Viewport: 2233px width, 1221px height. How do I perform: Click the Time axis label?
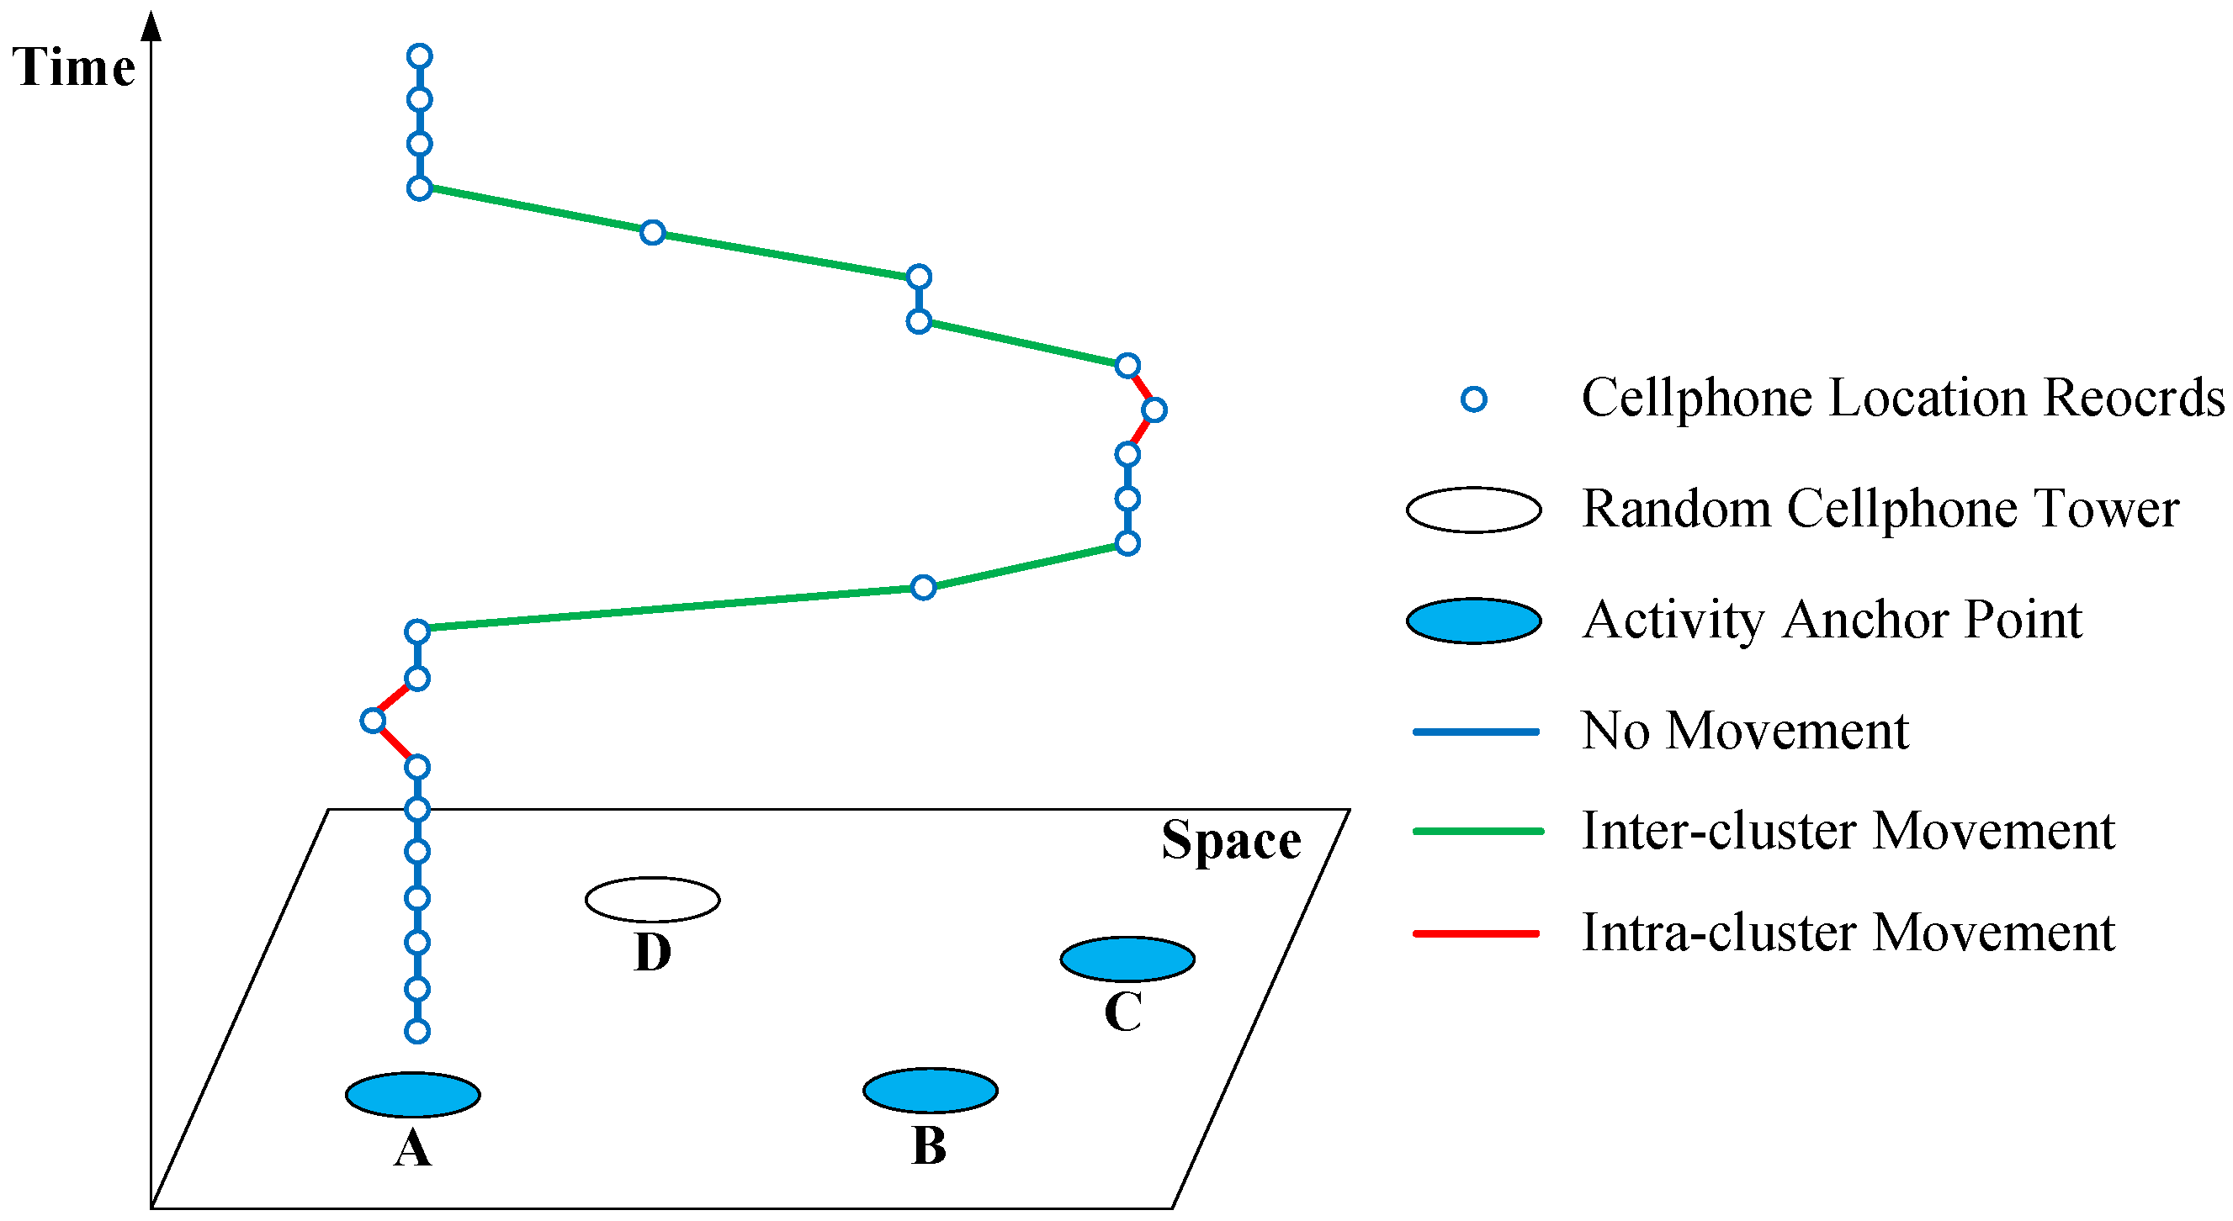point(74,67)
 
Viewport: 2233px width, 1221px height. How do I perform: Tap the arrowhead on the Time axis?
point(151,26)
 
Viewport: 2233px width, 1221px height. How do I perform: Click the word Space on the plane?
point(1231,840)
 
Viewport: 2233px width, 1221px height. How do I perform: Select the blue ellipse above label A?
point(412,1095)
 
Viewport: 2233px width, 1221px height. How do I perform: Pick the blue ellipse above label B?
point(930,1090)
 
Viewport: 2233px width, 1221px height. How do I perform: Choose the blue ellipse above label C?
point(1127,959)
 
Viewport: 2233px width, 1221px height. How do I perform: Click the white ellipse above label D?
point(652,900)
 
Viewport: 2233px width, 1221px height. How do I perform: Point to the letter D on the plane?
point(652,953)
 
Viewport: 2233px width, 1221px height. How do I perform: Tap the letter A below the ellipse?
point(412,1149)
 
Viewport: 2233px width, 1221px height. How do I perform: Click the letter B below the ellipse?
point(929,1145)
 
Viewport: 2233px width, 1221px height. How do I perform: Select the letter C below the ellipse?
point(1123,1012)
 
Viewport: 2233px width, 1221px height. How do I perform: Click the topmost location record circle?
point(420,56)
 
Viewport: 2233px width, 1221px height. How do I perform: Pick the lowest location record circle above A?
point(417,1031)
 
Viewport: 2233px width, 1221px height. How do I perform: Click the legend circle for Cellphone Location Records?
point(1473,399)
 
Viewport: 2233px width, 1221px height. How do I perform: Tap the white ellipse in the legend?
point(1473,510)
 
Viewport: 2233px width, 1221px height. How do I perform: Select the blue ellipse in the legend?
point(1473,621)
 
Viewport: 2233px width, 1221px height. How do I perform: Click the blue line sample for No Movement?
point(1476,732)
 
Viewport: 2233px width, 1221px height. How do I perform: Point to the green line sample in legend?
point(1477,831)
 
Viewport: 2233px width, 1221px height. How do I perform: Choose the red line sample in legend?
point(1476,933)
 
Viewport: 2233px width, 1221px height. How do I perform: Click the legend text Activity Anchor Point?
point(1832,621)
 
